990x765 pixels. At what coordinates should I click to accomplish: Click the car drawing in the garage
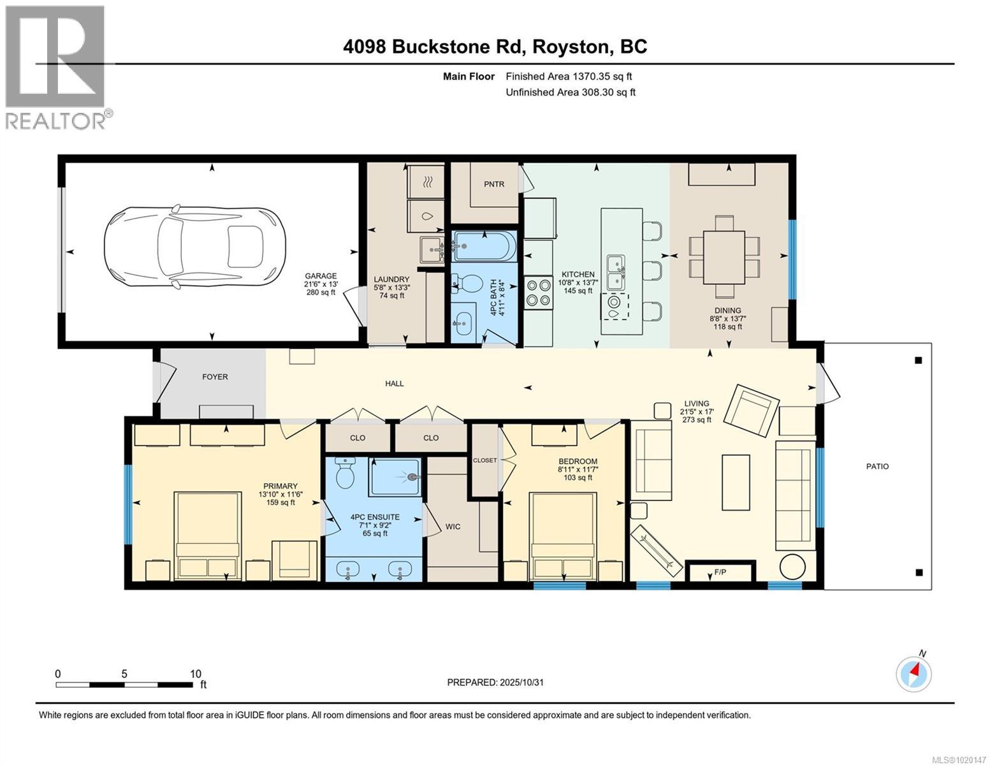[194, 247]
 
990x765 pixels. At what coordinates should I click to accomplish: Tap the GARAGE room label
[320, 276]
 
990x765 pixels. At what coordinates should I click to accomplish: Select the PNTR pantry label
[493, 184]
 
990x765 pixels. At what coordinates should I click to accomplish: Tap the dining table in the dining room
[724, 257]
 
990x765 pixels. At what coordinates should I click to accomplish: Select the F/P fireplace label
[720, 572]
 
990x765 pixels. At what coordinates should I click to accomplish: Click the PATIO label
[877, 466]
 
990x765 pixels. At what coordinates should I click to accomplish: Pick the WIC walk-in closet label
[453, 527]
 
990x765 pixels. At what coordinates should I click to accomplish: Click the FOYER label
[215, 377]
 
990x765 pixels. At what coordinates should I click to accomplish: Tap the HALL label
[394, 383]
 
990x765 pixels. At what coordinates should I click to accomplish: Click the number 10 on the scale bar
[195, 674]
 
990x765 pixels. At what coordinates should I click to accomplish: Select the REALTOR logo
[56, 67]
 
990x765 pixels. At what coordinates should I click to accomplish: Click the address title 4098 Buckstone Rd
[495, 47]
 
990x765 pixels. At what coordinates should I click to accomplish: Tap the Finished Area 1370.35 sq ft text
[569, 76]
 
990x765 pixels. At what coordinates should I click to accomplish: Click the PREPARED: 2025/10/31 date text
[495, 682]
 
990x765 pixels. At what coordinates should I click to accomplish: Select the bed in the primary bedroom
[208, 535]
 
